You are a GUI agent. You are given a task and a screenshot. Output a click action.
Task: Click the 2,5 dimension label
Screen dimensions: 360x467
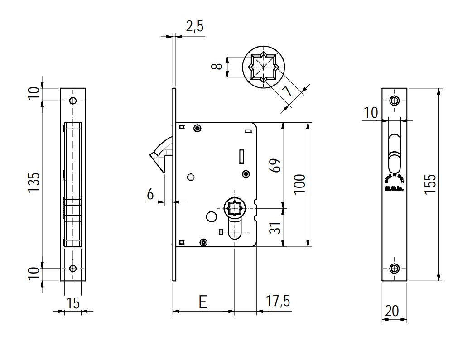click(x=194, y=27)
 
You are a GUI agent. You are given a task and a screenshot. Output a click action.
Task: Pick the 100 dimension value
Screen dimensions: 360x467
click(x=299, y=183)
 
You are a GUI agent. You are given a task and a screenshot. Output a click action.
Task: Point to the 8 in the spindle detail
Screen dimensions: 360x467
click(x=218, y=66)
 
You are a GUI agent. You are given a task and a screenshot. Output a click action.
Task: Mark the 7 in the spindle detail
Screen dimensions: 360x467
click(x=287, y=91)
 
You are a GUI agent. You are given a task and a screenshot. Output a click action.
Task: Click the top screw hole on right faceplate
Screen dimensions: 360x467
click(x=395, y=101)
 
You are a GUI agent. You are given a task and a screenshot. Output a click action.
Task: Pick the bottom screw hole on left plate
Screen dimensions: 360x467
click(x=72, y=268)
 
